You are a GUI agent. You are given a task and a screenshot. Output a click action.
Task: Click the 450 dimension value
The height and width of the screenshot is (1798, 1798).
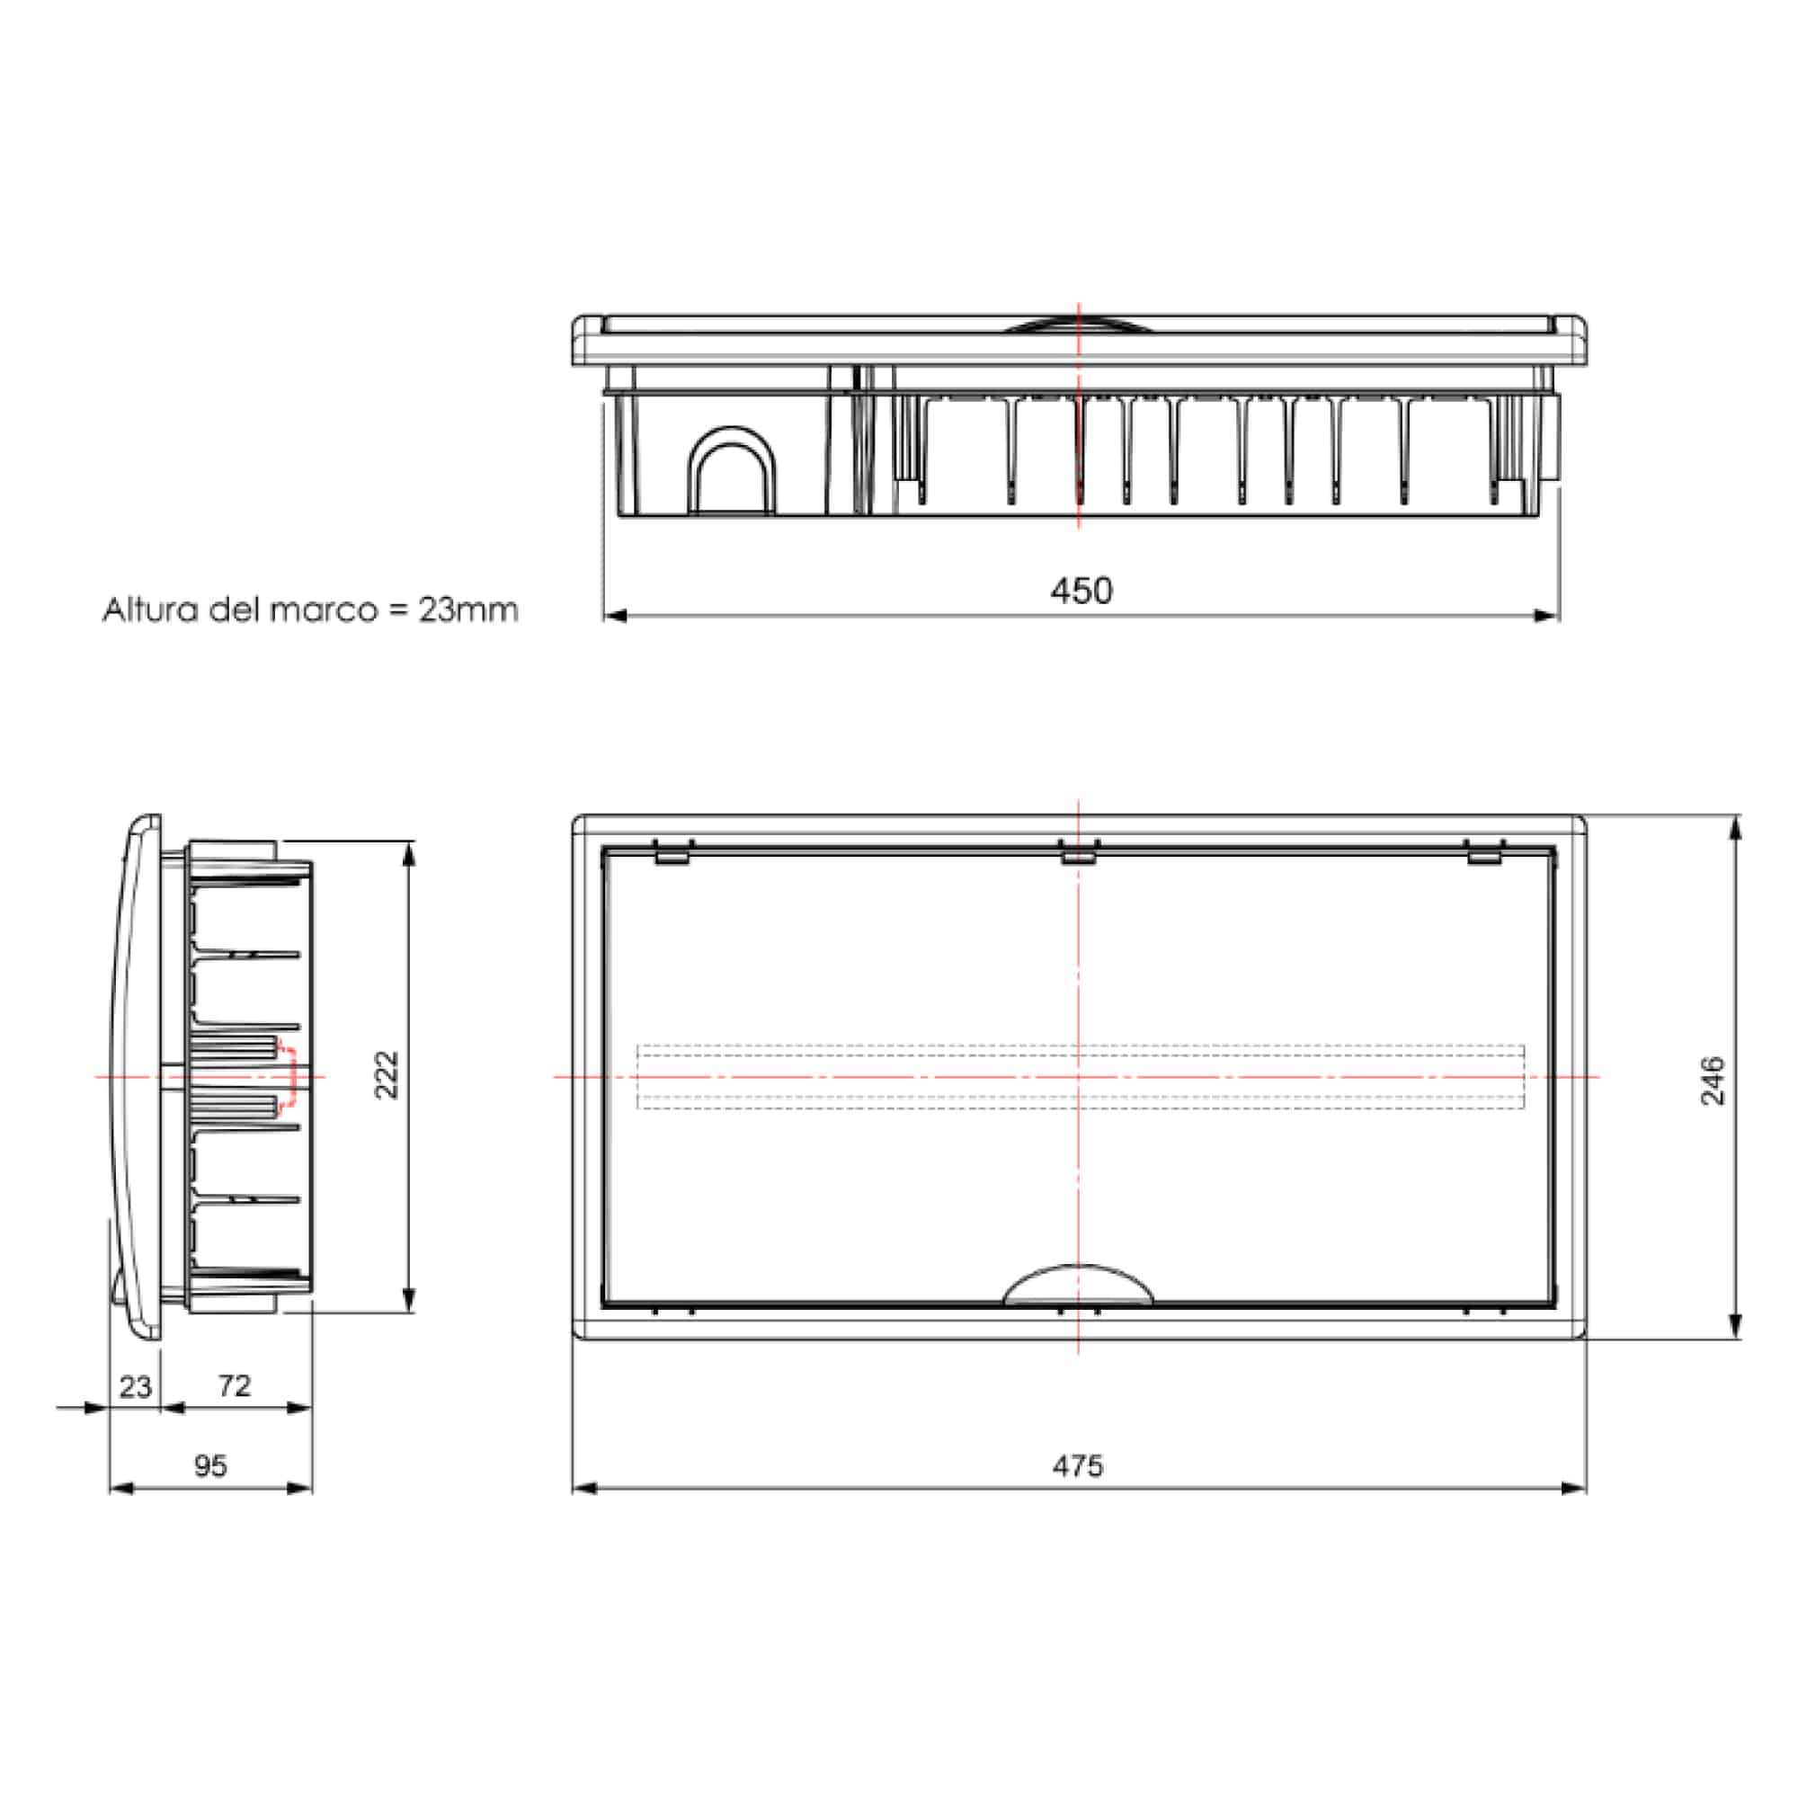coord(1081,591)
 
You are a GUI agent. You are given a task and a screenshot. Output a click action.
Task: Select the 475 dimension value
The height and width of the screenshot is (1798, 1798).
coord(1078,1465)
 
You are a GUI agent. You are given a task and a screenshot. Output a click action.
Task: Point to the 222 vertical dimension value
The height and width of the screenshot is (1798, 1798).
coord(387,1075)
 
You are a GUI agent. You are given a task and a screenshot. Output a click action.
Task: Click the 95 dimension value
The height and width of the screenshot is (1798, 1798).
coord(210,1465)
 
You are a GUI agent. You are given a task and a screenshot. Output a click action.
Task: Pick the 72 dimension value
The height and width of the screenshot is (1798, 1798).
coord(235,1385)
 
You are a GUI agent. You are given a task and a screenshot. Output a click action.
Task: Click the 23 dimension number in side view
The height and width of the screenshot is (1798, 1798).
coord(135,1386)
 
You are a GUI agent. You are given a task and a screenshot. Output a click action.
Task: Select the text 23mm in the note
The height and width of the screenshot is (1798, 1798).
coord(468,610)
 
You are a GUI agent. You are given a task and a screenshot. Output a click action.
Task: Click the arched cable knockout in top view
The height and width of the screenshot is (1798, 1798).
coord(732,470)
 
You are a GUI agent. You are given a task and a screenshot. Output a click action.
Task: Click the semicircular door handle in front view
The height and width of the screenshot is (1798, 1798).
coord(1078,1286)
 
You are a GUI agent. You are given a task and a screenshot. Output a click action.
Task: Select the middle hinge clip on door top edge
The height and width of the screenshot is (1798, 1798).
coord(1080,851)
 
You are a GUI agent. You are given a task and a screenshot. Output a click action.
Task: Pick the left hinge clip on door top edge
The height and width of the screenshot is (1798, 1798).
coord(672,851)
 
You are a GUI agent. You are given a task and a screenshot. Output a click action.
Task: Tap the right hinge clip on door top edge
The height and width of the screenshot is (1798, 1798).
coord(1485,851)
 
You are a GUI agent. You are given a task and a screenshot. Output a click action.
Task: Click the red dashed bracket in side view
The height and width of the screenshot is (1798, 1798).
coord(292,1077)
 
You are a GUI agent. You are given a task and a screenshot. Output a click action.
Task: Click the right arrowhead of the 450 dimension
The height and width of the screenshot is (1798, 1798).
coord(1548,615)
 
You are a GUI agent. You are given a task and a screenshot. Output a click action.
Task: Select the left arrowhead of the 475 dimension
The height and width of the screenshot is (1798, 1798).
coord(584,1487)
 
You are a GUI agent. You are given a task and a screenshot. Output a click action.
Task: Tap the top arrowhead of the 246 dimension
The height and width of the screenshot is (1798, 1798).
coord(1735,827)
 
